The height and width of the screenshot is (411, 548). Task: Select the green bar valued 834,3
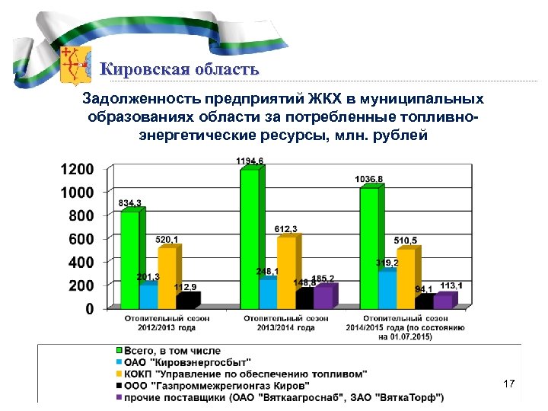pyautogui.click(x=130, y=259)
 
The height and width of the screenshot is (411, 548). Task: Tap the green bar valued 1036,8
pyautogui.click(x=369, y=247)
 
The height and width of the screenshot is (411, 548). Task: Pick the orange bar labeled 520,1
pyautogui.click(x=166, y=278)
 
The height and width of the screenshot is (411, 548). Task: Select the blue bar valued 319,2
pyautogui.click(x=387, y=289)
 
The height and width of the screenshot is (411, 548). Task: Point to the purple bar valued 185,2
pyautogui.click(x=323, y=297)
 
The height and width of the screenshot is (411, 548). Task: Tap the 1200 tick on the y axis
pyautogui.click(x=78, y=168)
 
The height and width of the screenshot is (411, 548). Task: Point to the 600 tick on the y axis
pyautogui.click(x=83, y=239)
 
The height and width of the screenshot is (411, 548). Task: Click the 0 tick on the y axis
pyautogui.click(x=90, y=309)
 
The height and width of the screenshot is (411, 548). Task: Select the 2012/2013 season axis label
pyautogui.click(x=166, y=323)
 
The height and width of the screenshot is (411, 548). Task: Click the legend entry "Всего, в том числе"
pyautogui.click(x=172, y=351)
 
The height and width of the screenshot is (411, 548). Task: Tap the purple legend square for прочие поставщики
pyautogui.click(x=118, y=397)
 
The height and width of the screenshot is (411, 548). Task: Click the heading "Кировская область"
pyautogui.click(x=180, y=70)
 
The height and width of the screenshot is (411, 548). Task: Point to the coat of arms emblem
pyautogui.click(x=75, y=64)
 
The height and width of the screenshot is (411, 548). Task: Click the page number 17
pyautogui.click(x=509, y=385)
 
